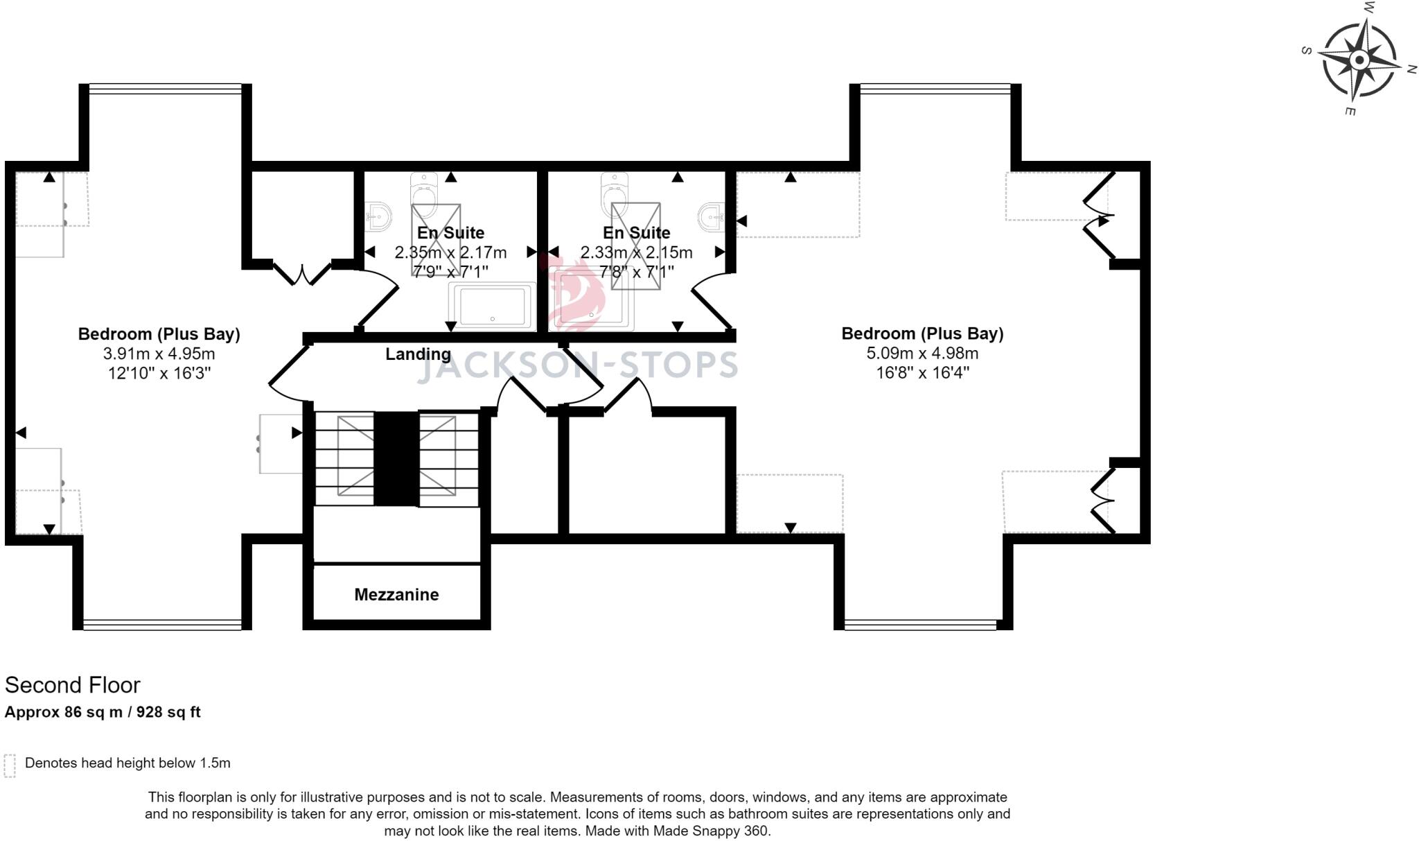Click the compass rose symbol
click(1359, 60)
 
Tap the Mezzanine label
click(396, 594)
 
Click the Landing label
click(418, 354)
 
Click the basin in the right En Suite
click(711, 216)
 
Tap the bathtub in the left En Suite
click(492, 306)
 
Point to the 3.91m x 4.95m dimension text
click(159, 354)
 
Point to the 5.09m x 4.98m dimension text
click(922, 354)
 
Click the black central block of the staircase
click(396, 458)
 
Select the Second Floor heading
click(73, 685)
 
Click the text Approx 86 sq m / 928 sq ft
click(103, 712)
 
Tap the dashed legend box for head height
click(10, 765)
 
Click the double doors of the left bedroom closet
click(302, 272)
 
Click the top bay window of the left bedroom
click(165, 87)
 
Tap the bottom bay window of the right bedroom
click(921, 625)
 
